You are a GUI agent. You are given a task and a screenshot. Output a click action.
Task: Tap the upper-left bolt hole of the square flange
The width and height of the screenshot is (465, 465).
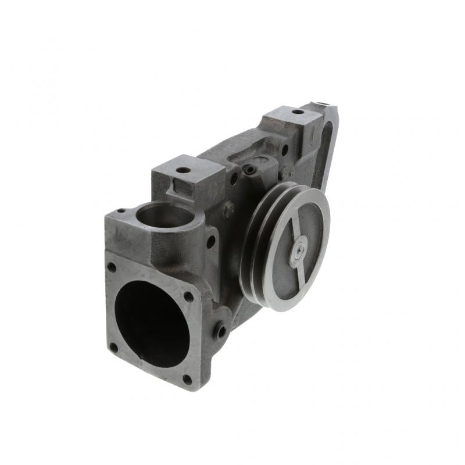111,267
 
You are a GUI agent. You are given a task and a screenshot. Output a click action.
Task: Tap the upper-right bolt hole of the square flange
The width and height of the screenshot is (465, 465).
188,296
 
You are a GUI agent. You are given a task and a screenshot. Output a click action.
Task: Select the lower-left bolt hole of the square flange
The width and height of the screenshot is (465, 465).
113,348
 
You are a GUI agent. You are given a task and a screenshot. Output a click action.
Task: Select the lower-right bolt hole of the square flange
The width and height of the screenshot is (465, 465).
187,379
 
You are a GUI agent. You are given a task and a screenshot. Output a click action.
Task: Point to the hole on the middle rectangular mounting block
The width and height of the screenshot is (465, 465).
184,170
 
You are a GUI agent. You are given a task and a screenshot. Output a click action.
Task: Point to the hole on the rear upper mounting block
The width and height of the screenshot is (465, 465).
297,112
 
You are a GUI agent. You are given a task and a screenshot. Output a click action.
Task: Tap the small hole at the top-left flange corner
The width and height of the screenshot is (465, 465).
121,211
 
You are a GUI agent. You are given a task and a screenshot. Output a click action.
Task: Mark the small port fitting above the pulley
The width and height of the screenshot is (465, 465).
250,170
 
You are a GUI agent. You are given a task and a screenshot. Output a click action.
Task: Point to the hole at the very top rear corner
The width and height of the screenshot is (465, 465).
324,106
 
